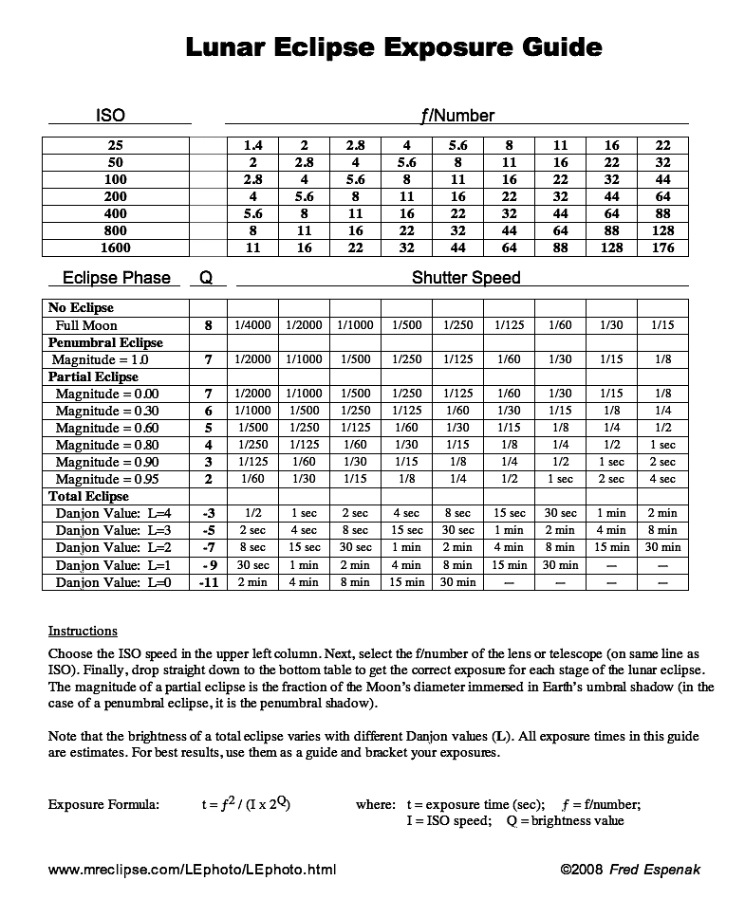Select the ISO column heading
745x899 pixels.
tap(110, 116)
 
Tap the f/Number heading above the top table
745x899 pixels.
tap(457, 116)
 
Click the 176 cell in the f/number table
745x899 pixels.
tap(663, 248)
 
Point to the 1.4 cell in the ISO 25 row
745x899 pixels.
tap(253, 145)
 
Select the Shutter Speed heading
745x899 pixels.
tap(466, 278)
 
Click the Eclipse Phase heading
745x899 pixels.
tap(116, 278)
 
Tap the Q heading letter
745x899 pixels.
tap(206, 278)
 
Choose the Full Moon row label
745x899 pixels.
tap(86, 325)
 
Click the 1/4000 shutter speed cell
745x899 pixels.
tap(253, 325)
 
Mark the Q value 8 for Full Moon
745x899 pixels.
tap(208, 325)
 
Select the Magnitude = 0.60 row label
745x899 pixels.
tap(106, 428)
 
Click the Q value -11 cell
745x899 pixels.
tap(209, 581)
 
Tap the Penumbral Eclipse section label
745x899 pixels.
tap(105, 342)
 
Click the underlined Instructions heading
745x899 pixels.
tap(83, 631)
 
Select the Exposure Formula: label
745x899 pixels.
tap(103, 804)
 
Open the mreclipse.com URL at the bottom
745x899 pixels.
tap(192, 869)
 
